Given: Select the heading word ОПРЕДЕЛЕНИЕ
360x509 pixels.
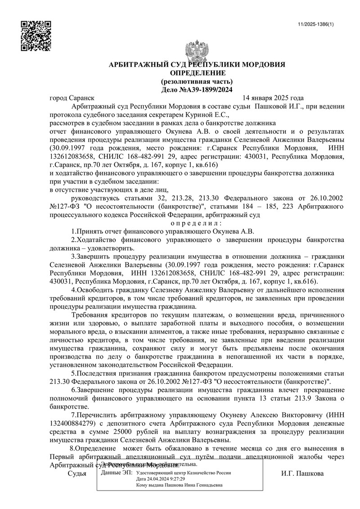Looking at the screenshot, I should click(197, 73).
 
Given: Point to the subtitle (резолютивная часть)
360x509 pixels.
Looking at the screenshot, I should click(197, 81).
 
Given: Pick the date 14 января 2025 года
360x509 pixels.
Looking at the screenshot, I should click(273, 98).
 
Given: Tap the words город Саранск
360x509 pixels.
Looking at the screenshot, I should click(72, 98).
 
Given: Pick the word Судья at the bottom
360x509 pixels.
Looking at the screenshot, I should click(77, 473).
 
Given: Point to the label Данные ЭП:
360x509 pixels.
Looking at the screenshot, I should click(117, 473).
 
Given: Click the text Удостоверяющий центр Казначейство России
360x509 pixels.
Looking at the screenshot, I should click(183, 473).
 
